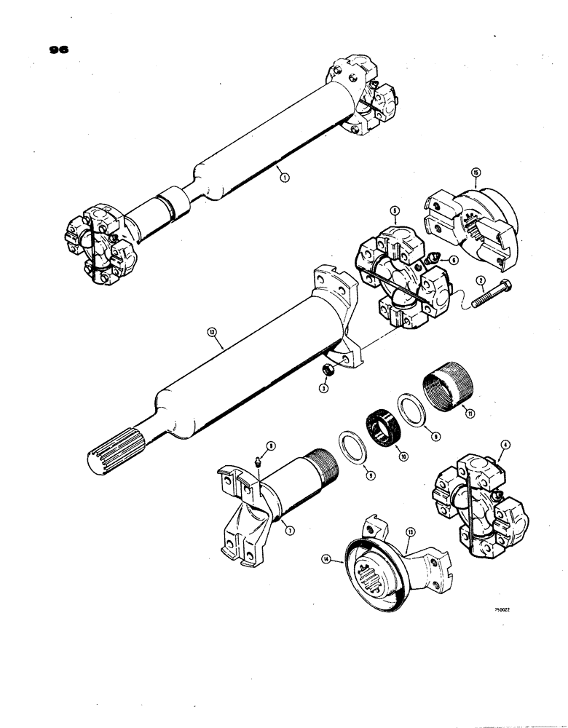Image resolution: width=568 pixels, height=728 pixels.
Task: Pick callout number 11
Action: pyautogui.click(x=459, y=415)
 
